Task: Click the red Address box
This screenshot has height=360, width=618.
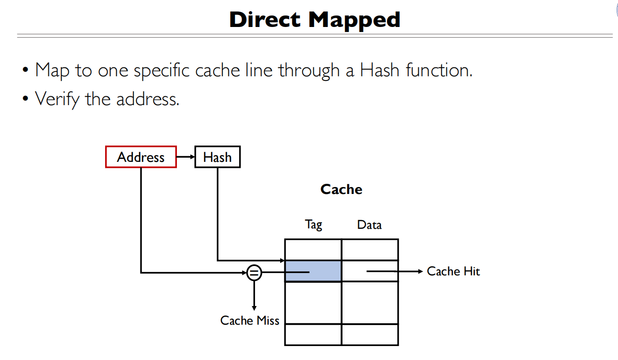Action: tap(141, 157)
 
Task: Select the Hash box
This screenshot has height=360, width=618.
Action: tap(217, 157)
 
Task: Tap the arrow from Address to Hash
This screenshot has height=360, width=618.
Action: tap(186, 157)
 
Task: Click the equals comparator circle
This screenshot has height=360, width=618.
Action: tap(254, 273)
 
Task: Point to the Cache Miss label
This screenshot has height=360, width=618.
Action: tap(249, 320)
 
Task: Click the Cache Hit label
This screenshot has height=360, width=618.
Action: tap(453, 271)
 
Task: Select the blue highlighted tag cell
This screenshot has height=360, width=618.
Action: tap(313, 271)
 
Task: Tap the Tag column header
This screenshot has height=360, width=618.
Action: tap(314, 225)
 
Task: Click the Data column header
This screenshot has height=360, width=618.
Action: tap(369, 225)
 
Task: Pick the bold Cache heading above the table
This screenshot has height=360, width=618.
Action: tap(341, 189)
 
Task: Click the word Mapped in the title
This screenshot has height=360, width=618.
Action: tap(354, 20)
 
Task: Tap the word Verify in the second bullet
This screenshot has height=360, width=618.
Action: tap(58, 99)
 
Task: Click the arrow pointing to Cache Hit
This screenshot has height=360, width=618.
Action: tap(396, 271)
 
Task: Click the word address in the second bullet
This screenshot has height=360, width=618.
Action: tap(148, 99)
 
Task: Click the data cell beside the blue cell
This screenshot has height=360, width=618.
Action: tap(370, 271)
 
